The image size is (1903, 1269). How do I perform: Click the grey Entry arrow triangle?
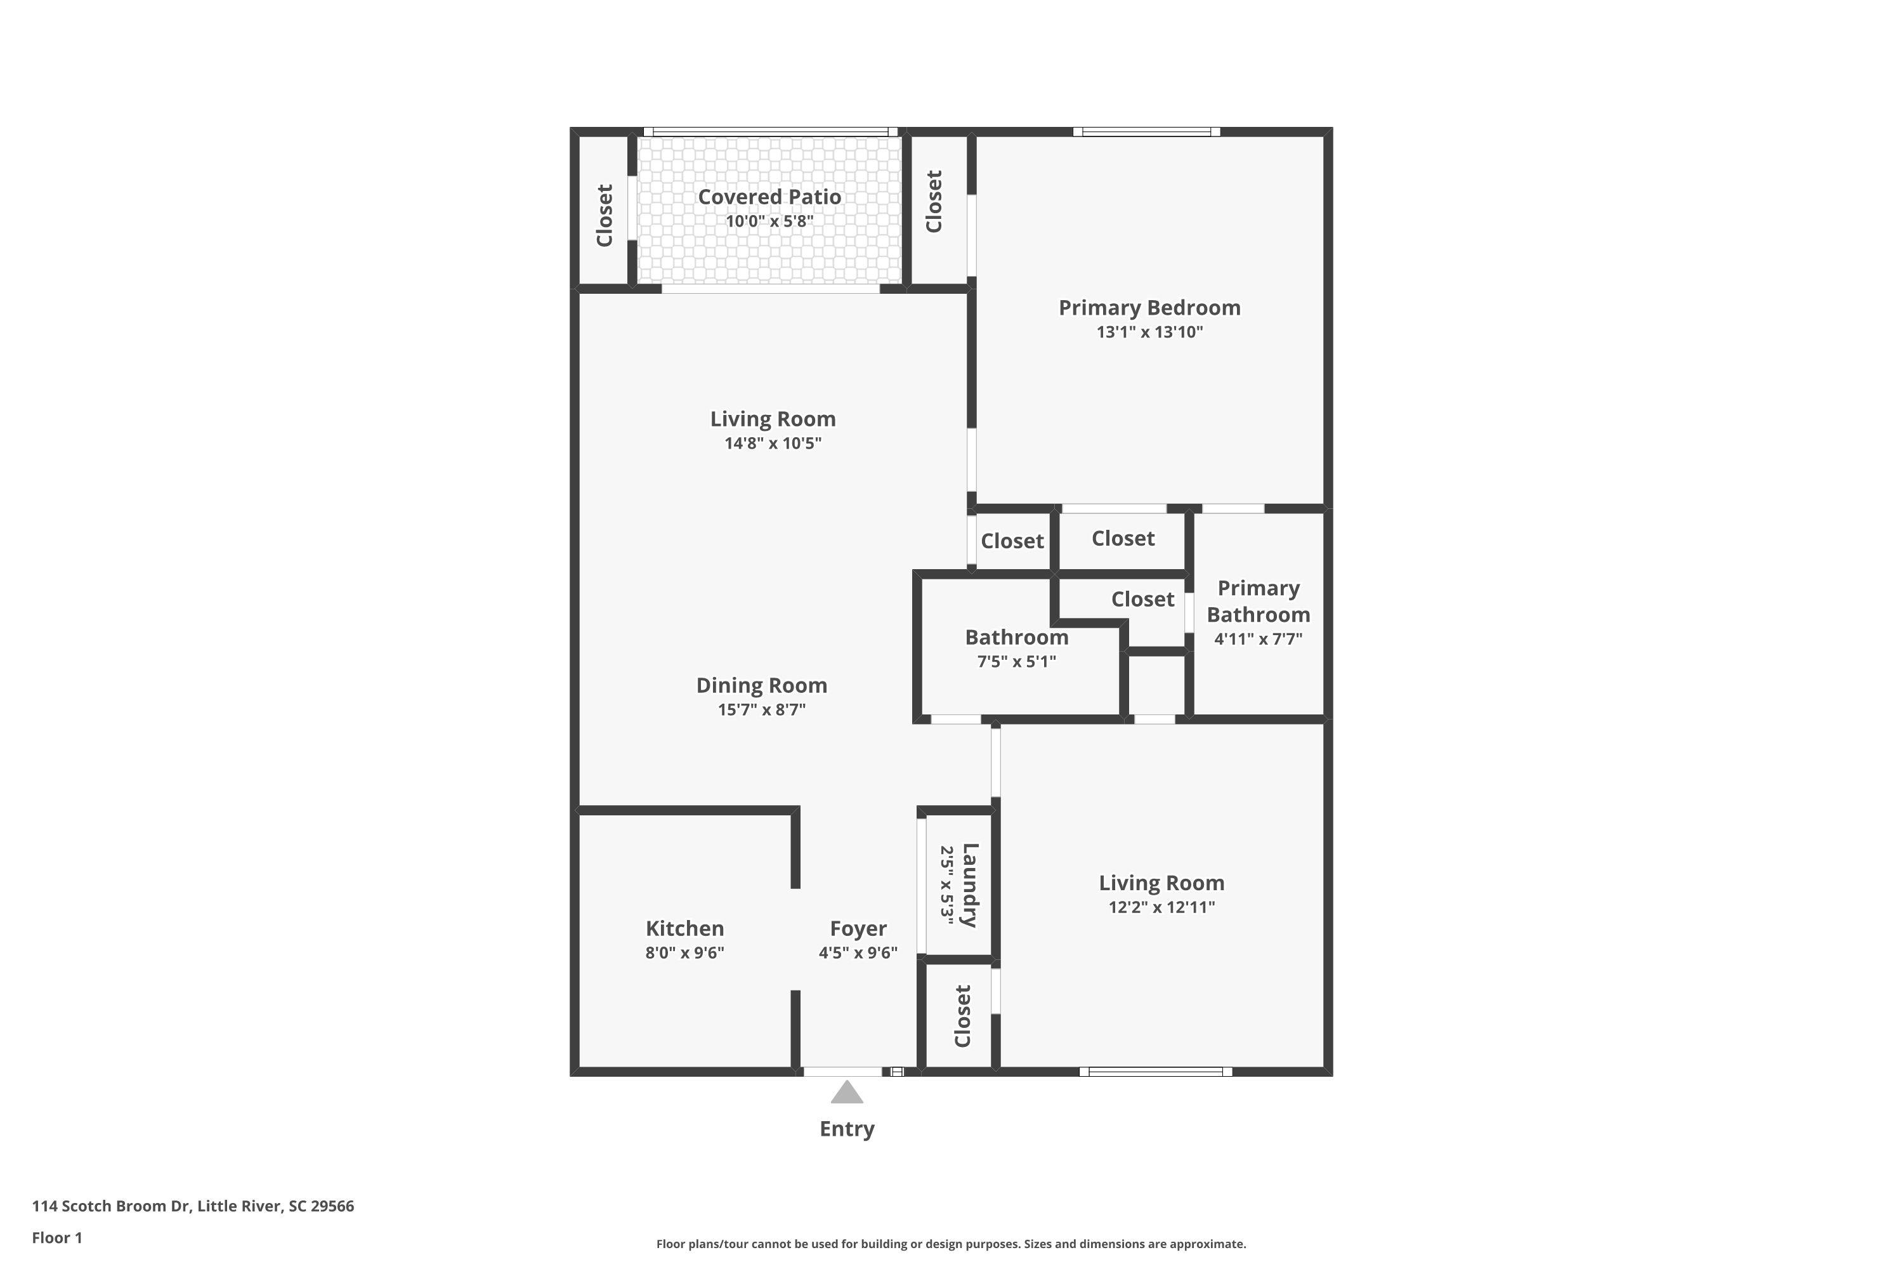(846, 1093)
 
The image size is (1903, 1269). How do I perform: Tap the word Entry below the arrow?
(846, 1129)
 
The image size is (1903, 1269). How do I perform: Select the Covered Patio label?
(769, 197)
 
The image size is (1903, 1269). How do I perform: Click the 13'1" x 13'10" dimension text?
(1149, 332)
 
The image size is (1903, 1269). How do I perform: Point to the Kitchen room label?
(684, 928)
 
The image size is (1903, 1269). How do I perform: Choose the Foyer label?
(858, 928)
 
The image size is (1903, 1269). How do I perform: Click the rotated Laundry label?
(970, 884)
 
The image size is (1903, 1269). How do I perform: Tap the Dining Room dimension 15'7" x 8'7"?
(761, 710)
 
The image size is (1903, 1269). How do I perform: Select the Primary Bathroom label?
(1257, 602)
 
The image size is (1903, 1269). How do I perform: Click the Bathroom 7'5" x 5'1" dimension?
(1016, 661)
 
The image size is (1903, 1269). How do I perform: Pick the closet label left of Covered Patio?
(605, 215)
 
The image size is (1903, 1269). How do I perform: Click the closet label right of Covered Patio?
(934, 202)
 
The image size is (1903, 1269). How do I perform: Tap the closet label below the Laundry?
(962, 1016)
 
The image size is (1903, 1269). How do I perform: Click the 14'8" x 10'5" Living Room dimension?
(773, 443)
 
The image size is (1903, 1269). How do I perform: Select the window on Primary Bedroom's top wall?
(1146, 132)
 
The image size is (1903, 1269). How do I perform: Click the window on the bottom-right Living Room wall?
(1154, 1072)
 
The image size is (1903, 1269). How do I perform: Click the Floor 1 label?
(56, 1237)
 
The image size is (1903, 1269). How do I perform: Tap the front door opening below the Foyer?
(842, 1072)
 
